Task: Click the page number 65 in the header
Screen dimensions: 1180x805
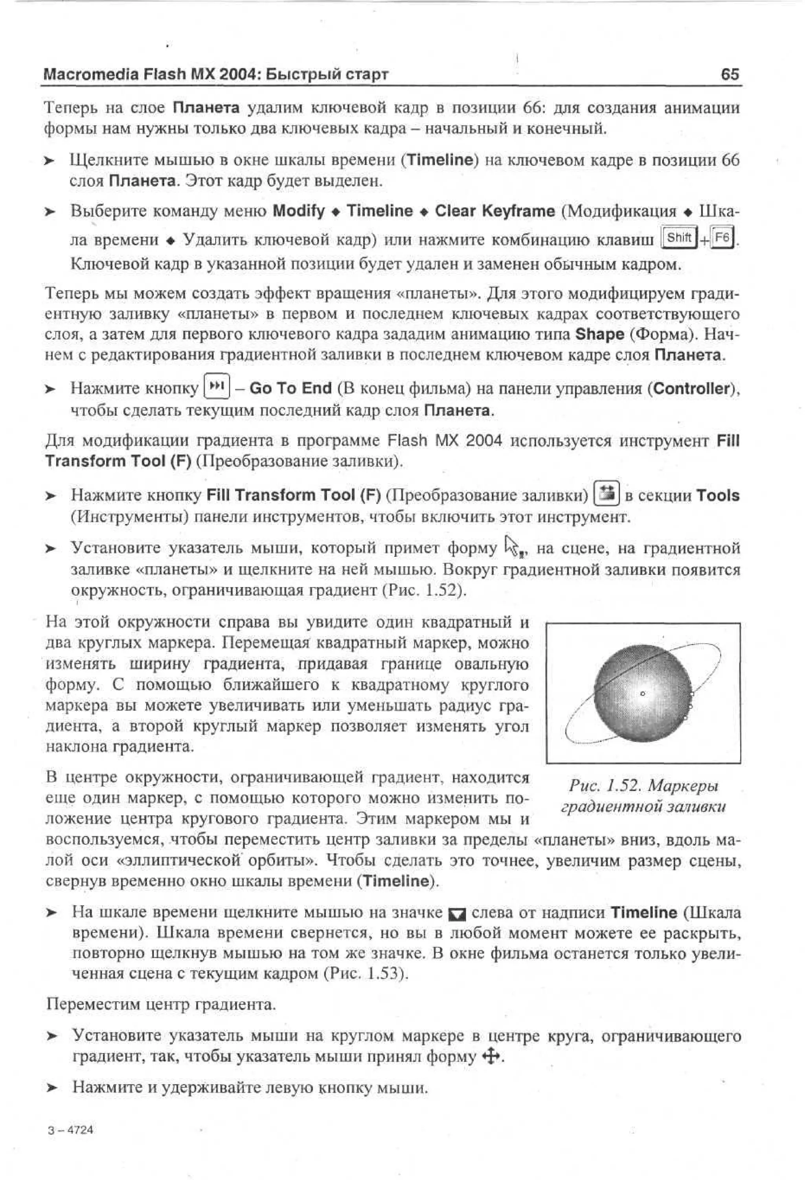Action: coord(730,75)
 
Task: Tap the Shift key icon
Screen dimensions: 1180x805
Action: coord(678,237)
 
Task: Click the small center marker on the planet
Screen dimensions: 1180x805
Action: coord(643,693)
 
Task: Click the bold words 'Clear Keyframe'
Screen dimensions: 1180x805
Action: coord(494,211)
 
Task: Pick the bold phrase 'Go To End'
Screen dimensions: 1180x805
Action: coord(290,388)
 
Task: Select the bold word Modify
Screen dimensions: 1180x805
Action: coord(298,211)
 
